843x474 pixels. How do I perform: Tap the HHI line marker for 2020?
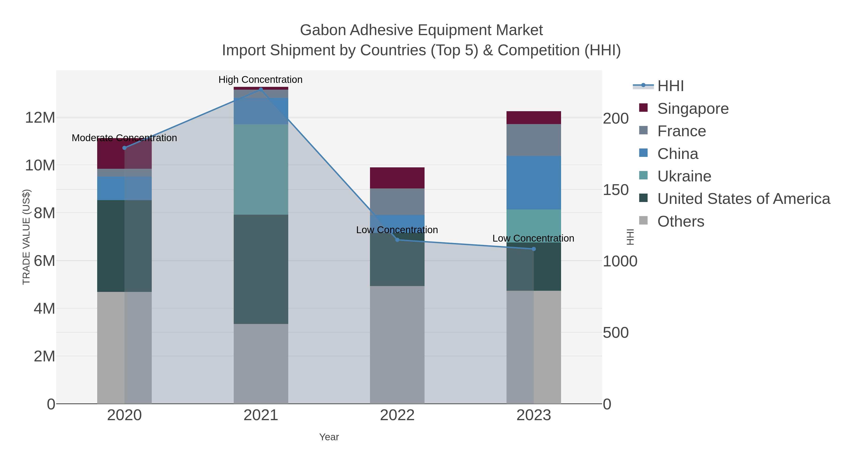click(x=124, y=148)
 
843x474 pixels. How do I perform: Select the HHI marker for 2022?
click(x=397, y=240)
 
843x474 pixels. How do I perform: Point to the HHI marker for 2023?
click(x=534, y=249)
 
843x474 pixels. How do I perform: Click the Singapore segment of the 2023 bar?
click(x=534, y=118)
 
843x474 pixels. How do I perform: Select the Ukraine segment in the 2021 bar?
click(x=261, y=169)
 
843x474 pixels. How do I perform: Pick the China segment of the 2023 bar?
click(x=534, y=183)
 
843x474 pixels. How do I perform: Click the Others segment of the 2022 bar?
click(x=397, y=345)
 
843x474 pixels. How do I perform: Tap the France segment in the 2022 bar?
click(x=397, y=202)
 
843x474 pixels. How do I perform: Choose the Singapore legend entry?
click(x=693, y=109)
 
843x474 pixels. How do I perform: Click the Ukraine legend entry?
click(x=684, y=176)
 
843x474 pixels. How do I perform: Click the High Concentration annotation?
click(x=260, y=80)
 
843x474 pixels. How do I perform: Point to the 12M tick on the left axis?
click(x=40, y=118)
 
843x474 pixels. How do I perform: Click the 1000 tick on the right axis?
click(x=620, y=261)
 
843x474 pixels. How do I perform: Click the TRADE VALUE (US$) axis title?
click(x=26, y=237)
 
